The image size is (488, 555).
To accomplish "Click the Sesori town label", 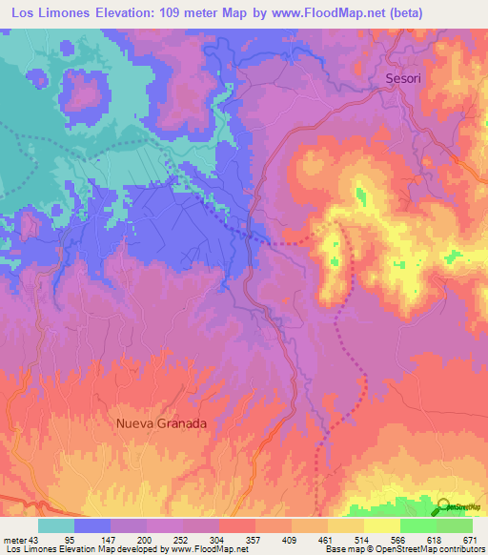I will point(404,79).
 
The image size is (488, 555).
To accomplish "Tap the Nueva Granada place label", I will point(161,421).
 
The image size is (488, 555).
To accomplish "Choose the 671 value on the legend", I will point(470,541).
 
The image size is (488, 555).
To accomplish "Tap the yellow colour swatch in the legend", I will point(382,525).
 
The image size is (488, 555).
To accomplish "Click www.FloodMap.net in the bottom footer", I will point(194,550).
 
